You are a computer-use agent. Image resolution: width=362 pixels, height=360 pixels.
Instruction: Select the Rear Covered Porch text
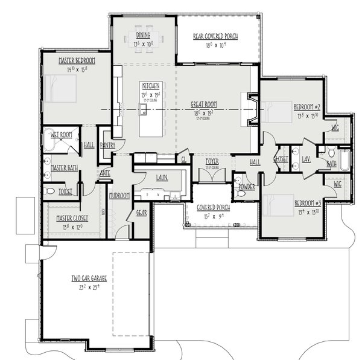click(x=215, y=36)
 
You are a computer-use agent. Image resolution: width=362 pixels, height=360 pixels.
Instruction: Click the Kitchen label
click(x=151, y=86)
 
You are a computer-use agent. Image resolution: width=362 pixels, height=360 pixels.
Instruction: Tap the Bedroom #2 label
click(x=306, y=107)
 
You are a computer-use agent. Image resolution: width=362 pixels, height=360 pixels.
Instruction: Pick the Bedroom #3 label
click(x=306, y=203)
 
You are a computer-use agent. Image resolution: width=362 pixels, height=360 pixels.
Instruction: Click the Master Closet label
click(x=68, y=218)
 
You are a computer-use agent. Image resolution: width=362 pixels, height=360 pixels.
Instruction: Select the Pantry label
click(x=107, y=146)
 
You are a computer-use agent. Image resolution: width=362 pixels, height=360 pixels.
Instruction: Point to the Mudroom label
click(x=119, y=195)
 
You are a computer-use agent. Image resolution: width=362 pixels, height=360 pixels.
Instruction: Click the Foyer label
click(x=211, y=162)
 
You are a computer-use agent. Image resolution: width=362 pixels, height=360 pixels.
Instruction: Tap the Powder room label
click(x=247, y=187)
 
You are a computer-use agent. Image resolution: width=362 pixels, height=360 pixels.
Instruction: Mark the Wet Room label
click(x=62, y=135)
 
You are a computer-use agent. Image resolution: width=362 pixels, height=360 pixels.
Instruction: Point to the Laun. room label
click(x=161, y=178)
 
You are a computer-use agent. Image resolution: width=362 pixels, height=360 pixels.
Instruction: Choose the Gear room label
click(x=141, y=213)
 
